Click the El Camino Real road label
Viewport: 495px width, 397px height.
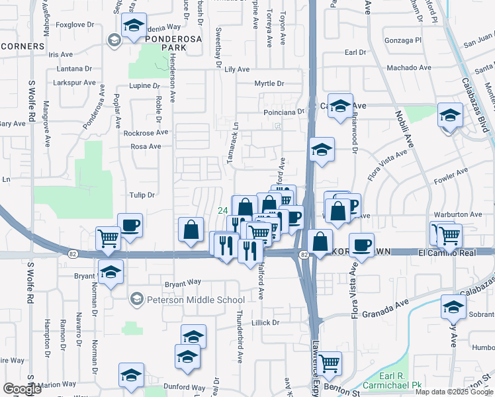(x=448, y=252)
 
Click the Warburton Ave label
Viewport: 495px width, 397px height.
(x=458, y=214)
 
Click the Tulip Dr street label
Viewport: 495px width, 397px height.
(x=142, y=195)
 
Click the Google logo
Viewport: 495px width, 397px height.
(x=22, y=389)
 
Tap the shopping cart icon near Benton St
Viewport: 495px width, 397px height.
(x=329, y=363)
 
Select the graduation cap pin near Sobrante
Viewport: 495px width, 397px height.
(x=453, y=307)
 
